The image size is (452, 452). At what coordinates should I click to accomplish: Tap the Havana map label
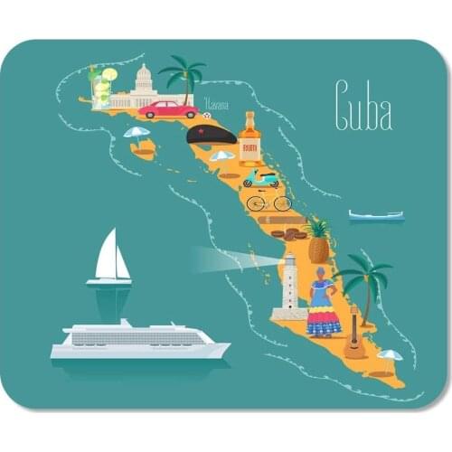click(x=216, y=104)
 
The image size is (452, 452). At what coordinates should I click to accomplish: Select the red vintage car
click(x=168, y=109)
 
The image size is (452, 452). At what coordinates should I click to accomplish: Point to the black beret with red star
click(x=211, y=136)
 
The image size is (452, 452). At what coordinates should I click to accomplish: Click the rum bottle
click(x=250, y=139)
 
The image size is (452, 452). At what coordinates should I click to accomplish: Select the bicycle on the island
click(x=268, y=201)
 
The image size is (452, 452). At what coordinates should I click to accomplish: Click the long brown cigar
click(x=282, y=219)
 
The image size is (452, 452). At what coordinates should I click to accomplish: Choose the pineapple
click(x=318, y=241)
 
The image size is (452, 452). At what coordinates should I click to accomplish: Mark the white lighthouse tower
click(x=290, y=286)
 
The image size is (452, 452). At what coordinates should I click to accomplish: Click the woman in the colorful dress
click(x=323, y=302)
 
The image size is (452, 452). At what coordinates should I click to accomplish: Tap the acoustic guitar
click(x=355, y=337)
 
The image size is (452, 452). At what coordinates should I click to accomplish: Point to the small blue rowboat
click(x=376, y=216)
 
